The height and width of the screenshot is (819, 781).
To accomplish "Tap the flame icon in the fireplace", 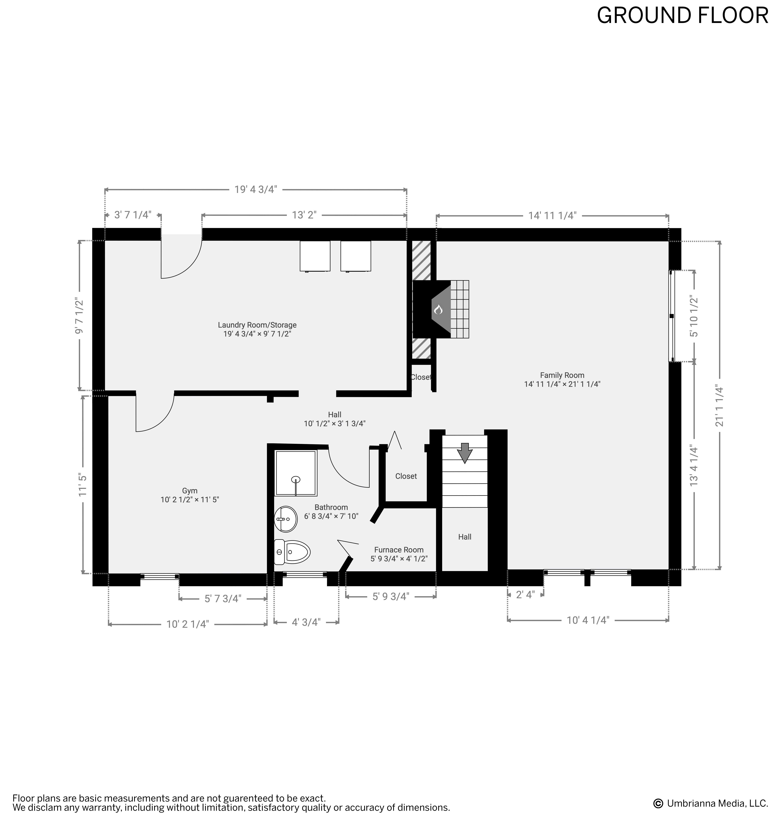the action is [x=438, y=309].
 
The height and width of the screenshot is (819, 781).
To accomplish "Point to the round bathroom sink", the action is [x=286, y=519].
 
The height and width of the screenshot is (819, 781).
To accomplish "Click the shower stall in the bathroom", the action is [x=296, y=473].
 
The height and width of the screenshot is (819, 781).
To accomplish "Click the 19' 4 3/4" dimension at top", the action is [x=256, y=190].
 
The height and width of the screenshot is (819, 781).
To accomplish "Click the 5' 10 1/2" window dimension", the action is [x=694, y=316].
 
